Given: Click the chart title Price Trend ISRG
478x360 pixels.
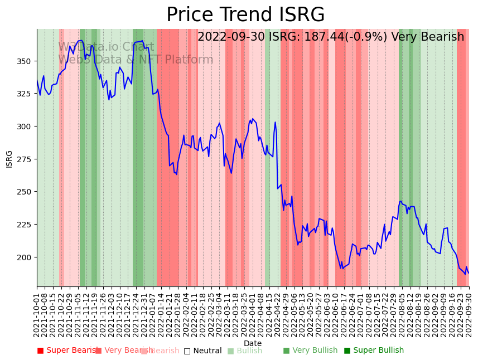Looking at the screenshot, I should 245,15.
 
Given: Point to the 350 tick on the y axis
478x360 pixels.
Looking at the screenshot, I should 25,61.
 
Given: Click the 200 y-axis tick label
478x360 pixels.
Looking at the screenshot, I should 25,257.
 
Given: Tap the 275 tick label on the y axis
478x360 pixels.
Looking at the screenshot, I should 25,159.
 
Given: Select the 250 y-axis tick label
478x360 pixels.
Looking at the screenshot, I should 25,192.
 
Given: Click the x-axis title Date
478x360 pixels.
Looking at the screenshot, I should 253,344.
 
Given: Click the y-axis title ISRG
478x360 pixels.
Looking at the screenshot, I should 9,159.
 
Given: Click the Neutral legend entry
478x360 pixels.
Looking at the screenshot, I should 202,351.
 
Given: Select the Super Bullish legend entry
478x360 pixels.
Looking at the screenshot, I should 374,351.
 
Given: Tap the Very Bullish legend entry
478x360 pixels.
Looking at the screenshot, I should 310,351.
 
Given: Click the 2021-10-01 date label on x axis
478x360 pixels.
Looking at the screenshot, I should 37,313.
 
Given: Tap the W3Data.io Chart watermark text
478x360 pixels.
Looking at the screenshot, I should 106,47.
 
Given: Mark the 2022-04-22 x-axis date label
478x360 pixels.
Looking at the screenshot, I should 277,313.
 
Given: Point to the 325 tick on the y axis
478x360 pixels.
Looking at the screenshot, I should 25,94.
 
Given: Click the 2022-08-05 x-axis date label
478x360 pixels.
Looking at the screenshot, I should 401,313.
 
